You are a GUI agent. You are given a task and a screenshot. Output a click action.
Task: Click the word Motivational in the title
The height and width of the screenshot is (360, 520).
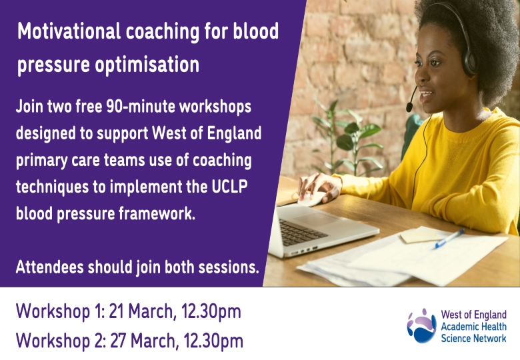pyautogui.click(x=69, y=31)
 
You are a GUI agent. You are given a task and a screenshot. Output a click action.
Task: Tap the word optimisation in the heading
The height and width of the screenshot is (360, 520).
pyautogui.click(x=147, y=64)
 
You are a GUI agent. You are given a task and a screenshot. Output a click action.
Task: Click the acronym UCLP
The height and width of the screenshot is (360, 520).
pyautogui.click(x=229, y=186)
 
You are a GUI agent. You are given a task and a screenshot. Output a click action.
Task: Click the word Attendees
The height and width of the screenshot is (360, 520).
pyautogui.click(x=50, y=267)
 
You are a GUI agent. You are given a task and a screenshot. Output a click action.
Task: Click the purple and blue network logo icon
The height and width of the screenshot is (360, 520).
pyautogui.click(x=421, y=325)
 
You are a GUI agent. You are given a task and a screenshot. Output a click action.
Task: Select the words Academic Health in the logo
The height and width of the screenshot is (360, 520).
pyautogui.click(x=473, y=327)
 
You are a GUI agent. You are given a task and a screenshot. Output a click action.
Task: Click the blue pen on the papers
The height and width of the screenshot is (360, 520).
pyautogui.click(x=449, y=239)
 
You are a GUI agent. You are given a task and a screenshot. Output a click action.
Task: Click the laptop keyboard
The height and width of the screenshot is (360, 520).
pyautogui.click(x=301, y=232)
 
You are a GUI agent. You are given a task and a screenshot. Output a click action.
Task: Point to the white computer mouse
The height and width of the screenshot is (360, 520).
pyautogui.click(x=312, y=198)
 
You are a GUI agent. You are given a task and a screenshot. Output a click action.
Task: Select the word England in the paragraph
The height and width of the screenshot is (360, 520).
pyautogui.click(x=234, y=133)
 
